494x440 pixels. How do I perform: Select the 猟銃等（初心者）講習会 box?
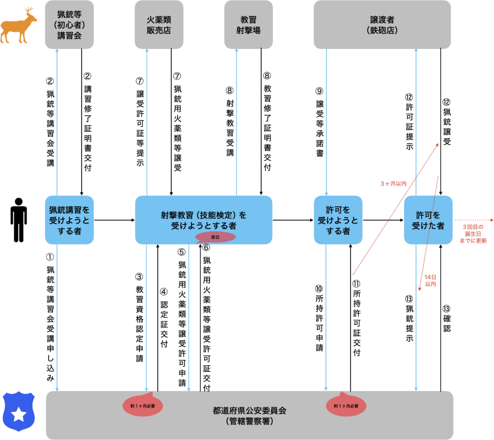coord(69,25)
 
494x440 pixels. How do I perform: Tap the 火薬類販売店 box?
coord(159,25)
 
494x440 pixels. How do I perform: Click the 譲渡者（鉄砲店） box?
coord(382,25)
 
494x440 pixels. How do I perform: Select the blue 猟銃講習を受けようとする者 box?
coord(69,220)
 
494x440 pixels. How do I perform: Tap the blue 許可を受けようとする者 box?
coord(338,220)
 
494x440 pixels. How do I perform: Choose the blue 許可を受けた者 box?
coord(428,220)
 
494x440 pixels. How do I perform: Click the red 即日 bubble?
coord(215,237)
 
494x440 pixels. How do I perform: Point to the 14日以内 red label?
coord(430,281)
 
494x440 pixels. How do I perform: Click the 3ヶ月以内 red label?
coord(393,184)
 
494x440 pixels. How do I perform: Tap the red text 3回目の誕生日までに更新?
coord(474,233)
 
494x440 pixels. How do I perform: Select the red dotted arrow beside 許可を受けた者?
coord(473,220)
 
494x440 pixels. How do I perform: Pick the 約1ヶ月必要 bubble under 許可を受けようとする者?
coord(346,406)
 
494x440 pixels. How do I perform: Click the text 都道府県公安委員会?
coord(249,411)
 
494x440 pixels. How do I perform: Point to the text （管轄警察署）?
coord(249,421)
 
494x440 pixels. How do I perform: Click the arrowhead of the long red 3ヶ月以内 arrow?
coord(437,144)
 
